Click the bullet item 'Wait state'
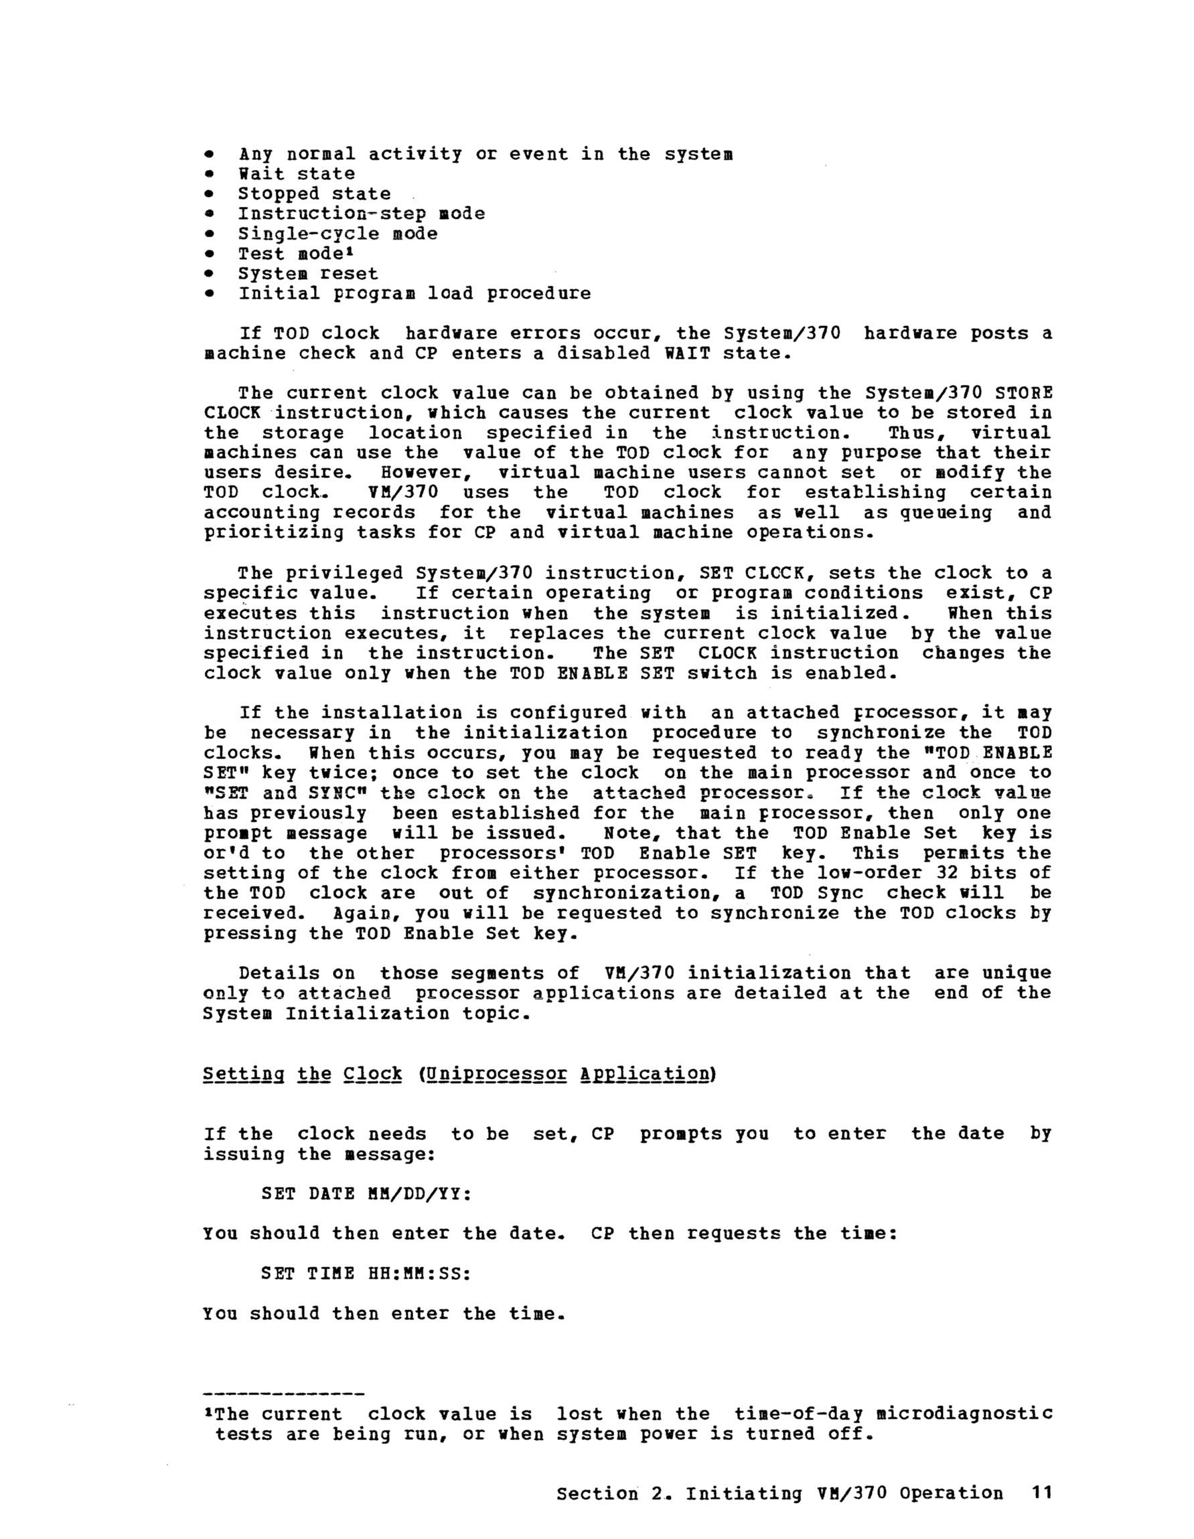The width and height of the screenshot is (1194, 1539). [x=296, y=174]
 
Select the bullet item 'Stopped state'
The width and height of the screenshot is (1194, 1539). [x=313, y=193]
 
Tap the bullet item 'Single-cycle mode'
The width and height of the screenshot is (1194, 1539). [x=337, y=234]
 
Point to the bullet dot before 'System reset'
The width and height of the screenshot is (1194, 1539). [x=209, y=273]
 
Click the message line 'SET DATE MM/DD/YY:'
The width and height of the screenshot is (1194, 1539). [x=366, y=1194]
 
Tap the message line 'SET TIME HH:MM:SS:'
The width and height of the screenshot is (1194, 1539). [x=366, y=1273]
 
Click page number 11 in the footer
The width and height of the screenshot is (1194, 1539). [x=1041, y=1493]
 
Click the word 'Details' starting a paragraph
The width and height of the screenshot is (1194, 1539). [x=279, y=973]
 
